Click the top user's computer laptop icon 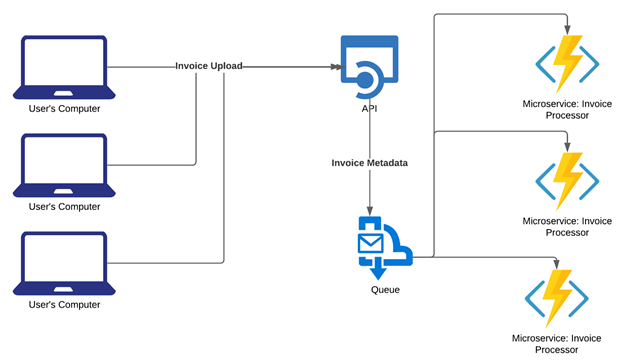pos(65,67)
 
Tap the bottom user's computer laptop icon pos(65,262)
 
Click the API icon pos(369,65)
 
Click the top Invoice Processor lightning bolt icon pos(568,63)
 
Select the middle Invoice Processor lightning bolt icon pos(568,180)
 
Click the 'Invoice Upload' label pos(208,66)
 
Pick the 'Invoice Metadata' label pos(371,161)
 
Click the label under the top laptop pos(65,108)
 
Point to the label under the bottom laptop pos(65,304)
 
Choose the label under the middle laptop pos(65,206)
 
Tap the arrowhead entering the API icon pos(335,67)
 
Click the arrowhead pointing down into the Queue pos(371,208)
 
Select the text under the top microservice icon pos(568,109)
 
